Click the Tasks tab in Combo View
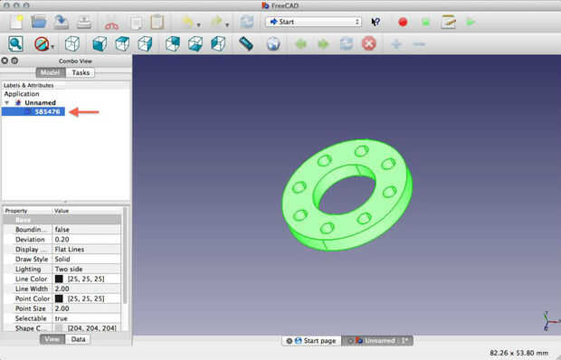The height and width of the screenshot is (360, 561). tap(81, 72)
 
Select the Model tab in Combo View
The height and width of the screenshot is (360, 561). tap(51, 72)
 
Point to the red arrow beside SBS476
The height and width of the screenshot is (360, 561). tap(84, 112)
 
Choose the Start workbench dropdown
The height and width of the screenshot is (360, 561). tap(313, 22)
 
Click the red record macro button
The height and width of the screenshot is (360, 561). tap(403, 23)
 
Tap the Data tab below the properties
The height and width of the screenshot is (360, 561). tap(78, 339)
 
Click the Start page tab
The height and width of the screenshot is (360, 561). tap(311, 341)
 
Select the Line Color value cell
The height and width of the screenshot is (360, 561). tap(86, 279)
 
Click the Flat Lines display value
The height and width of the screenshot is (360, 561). tap(70, 249)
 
